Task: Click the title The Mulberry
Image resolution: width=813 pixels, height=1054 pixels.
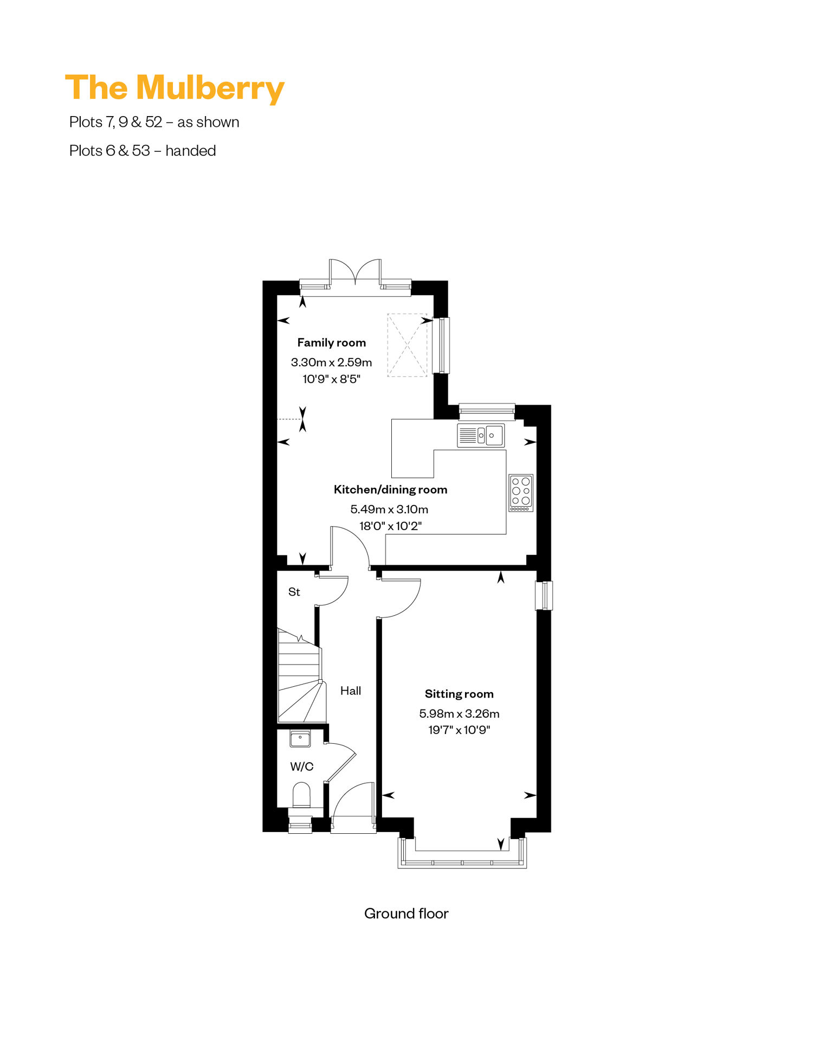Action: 175,88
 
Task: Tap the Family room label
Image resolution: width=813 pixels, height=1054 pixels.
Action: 332,342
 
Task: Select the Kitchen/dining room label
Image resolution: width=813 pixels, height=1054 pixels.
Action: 390,489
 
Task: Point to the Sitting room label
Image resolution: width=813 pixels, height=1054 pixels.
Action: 459,694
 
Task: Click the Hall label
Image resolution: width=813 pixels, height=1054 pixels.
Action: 351,691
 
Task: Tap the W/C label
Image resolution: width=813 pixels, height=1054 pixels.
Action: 302,766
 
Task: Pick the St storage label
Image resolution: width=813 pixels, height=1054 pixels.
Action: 294,592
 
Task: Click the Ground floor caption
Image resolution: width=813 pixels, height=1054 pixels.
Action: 406,914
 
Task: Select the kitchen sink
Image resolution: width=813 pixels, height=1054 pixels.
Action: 481,435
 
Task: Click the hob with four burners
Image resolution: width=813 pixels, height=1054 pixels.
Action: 521,493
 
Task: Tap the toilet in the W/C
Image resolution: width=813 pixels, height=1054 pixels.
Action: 301,795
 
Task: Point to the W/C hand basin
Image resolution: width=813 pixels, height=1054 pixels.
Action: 300,738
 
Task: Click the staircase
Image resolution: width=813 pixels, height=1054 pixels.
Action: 301,675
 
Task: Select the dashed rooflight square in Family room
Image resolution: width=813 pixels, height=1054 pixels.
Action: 407,345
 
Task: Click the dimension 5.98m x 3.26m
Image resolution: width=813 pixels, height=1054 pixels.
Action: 459,713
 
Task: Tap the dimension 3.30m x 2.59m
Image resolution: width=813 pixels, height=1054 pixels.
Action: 332,362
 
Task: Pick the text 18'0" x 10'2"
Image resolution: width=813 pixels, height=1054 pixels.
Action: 390,526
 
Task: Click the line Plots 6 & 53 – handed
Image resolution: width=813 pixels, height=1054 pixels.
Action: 143,150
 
